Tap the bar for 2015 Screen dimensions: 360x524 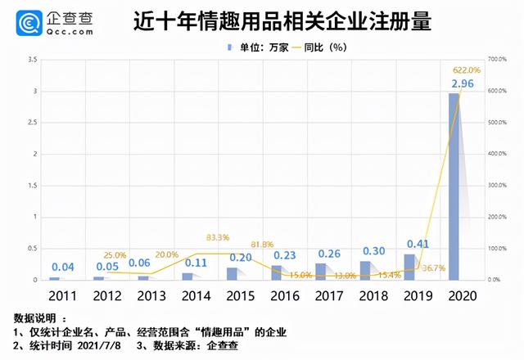[233, 273]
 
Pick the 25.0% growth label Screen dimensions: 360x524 [114, 255]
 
